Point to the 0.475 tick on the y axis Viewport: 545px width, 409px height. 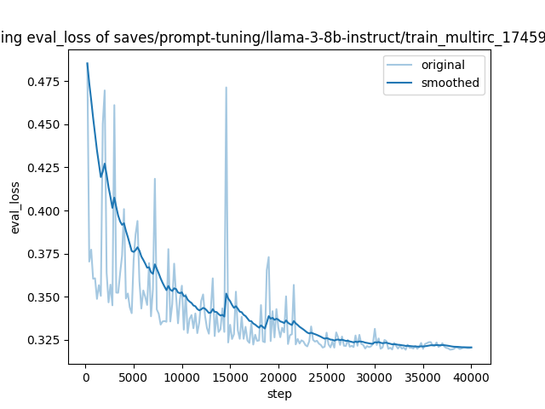pyautogui.click(x=46, y=82)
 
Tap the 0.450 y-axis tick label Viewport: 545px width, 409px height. pyautogui.click(x=46, y=124)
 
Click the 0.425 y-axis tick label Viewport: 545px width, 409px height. pyautogui.click(x=46, y=168)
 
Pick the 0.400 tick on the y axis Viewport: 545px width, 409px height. pyautogui.click(x=46, y=210)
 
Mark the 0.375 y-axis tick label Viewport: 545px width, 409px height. pyautogui.click(x=46, y=254)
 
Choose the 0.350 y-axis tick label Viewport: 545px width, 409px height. pyautogui.click(x=46, y=297)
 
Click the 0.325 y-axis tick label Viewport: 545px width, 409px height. pyautogui.click(x=46, y=340)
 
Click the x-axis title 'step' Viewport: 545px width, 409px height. pyautogui.click(x=279, y=394)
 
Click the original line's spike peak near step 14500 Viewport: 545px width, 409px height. pyautogui.click(x=226, y=87)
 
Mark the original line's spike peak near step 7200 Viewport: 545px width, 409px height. pyautogui.click(x=155, y=178)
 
